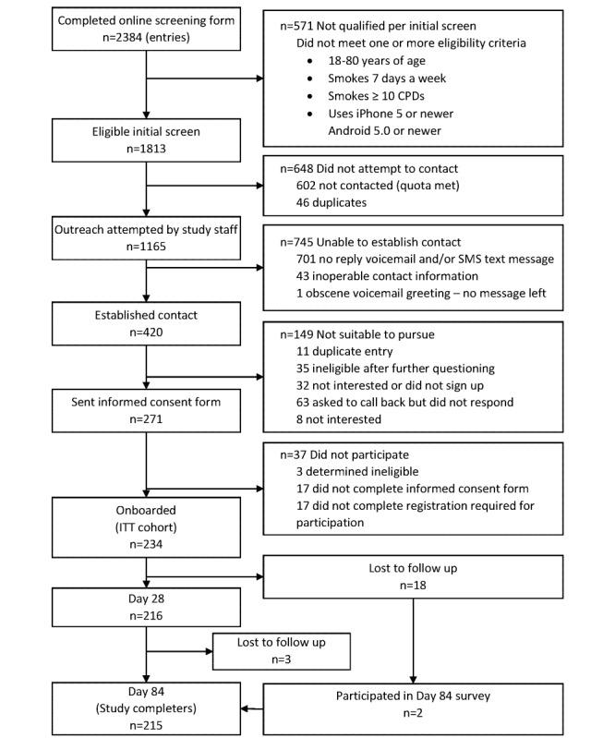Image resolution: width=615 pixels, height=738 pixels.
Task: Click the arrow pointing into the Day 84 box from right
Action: [x=248, y=708]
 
